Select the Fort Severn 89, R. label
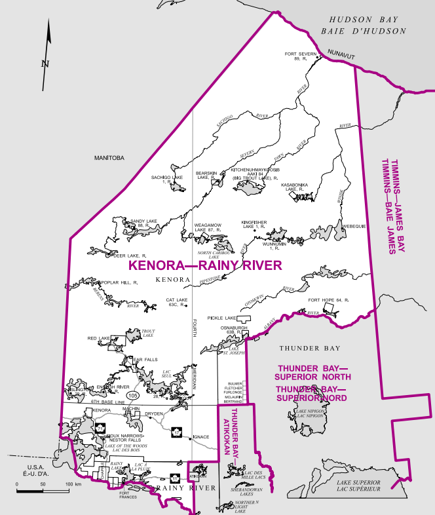[x=300, y=56]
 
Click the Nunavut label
[x=341, y=57]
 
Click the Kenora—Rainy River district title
[x=205, y=265]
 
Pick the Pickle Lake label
[x=222, y=317]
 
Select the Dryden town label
[x=154, y=414]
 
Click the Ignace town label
[x=201, y=436]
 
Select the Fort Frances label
[x=128, y=496]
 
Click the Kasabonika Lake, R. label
[x=295, y=187]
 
